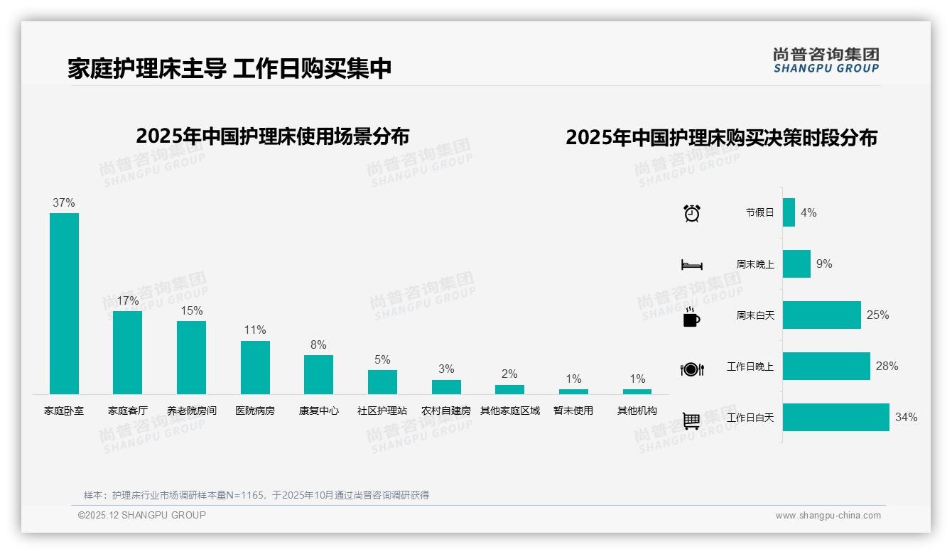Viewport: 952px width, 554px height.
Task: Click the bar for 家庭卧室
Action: click(64, 303)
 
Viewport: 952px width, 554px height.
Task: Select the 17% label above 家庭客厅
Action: click(128, 300)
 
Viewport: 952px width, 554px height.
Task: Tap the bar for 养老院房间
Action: click(191, 357)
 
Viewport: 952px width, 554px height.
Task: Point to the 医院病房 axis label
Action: click(255, 411)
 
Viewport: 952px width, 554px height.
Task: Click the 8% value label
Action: click(318, 344)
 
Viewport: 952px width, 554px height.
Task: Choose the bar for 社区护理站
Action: click(382, 382)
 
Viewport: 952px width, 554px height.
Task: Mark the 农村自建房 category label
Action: click(446, 411)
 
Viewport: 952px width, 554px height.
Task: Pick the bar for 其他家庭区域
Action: click(509, 389)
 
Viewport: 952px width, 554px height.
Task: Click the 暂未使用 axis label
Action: click(573, 411)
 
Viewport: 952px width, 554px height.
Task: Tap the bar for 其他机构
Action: click(637, 391)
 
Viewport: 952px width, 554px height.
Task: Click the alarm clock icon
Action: click(692, 213)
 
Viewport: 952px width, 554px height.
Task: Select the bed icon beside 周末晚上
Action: click(692, 265)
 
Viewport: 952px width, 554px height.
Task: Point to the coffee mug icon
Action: click(691, 317)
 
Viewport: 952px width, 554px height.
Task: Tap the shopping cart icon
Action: click(691, 420)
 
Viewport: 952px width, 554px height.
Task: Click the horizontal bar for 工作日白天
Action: click(835, 417)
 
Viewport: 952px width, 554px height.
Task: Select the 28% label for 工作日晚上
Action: click(887, 366)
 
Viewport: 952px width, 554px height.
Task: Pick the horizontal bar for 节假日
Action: click(789, 212)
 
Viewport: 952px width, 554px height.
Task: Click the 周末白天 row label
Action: click(754, 315)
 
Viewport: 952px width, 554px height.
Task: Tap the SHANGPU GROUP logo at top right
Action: click(826, 60)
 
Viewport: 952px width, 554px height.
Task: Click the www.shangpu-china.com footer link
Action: click(828, 516)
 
